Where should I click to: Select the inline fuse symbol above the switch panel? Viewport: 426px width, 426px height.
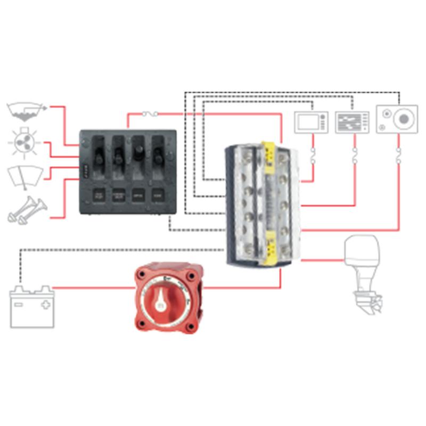[x=151, y=113]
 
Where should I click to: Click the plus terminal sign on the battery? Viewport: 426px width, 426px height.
[x=46, y=305]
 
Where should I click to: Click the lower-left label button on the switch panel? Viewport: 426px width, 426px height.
[x=99, y=195]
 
